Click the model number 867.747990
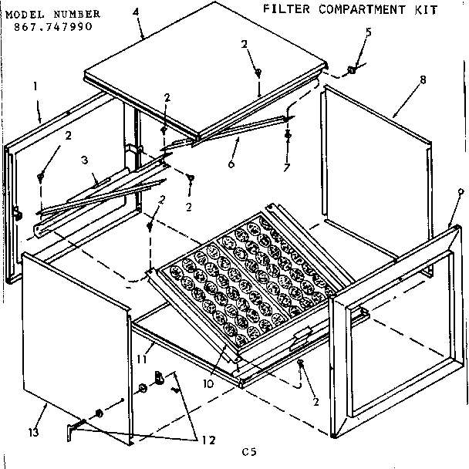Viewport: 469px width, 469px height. point(55,25)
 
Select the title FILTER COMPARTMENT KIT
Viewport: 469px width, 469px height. point(350,10)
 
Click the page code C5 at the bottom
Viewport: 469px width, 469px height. point(248,454)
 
